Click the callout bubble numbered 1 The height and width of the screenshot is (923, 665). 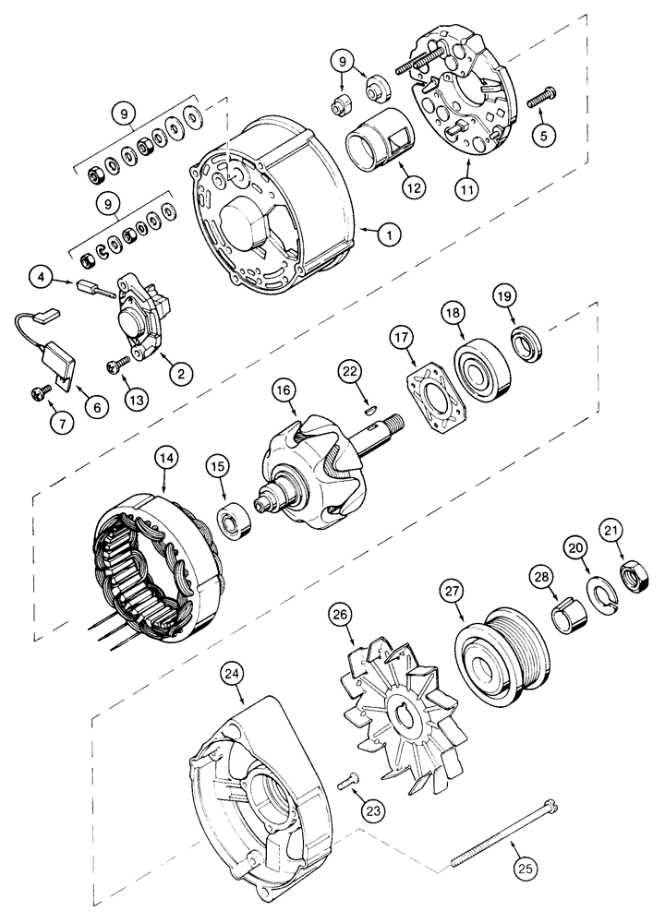(x=391, y=235)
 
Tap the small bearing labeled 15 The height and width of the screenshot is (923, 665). (x=232, y=523)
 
